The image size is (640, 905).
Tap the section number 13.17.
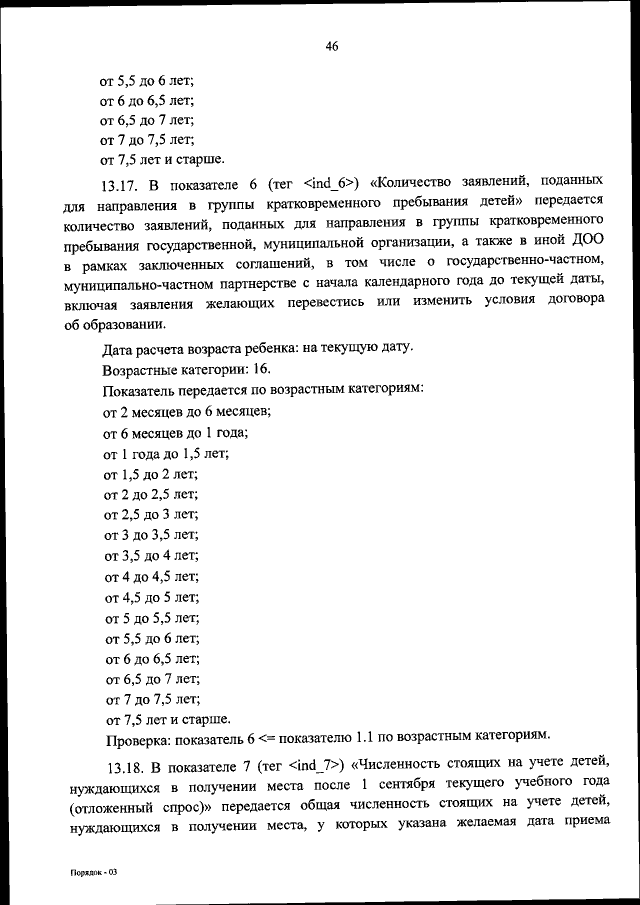[x=123, y=184]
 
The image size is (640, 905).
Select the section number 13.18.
[x=124, y=766]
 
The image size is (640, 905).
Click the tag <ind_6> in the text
[x=329, y=183]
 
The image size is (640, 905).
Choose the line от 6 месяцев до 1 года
[x=175, y=432]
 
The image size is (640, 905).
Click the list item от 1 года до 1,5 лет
[x=166, y=453]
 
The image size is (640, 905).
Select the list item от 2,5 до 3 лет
[x=151, y=515]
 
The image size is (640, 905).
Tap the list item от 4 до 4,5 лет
[x=151, y=576]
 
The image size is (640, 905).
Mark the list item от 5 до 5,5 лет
[x=151, y=617]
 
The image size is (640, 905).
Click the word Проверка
[x=137, y=740]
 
